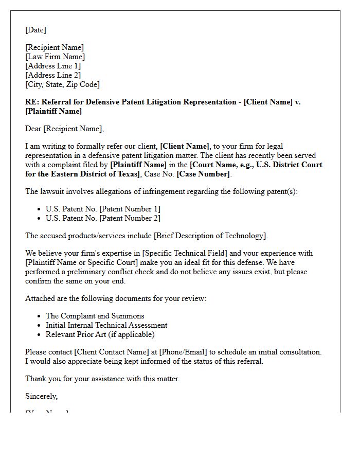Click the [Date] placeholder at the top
tap(35, 30)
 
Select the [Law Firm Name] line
tap(55, 57)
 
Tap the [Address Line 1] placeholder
tap(53, 66)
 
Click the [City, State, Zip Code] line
tap(62, 84)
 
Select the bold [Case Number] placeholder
tap(203, 174)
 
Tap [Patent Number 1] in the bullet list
tap(130, 209)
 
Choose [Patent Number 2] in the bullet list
tap(130, 218)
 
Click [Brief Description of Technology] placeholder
tap(209, 236)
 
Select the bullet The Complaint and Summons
tap(95, 316)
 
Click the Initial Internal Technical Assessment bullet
tap(106, 325)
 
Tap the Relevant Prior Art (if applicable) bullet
tap(100, 334)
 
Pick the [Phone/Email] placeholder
tap(184, 352)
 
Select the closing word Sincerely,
tap(41, 396)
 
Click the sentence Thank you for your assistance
tap(102, 379)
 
